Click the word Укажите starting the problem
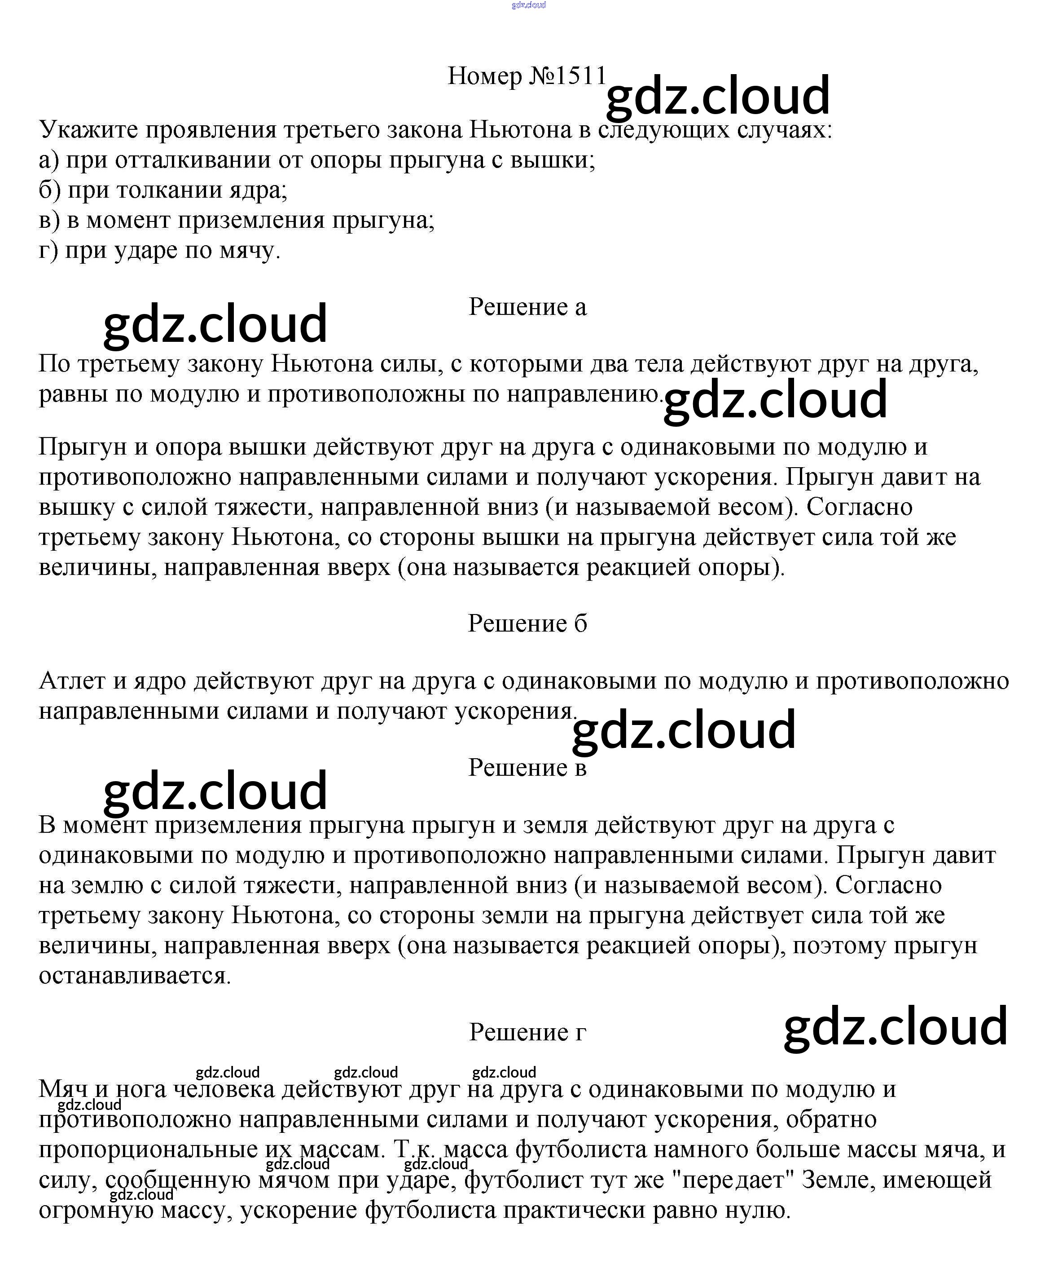(x=88, y=130)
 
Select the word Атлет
(x=72, y=681)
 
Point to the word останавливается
(x=135, y=975)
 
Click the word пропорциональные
(x=148, y=1149)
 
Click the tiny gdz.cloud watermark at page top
(x=528, y=5)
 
